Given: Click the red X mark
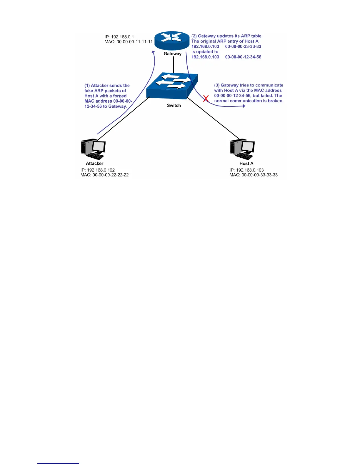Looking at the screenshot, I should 206,99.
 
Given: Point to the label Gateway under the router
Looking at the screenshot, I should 173,54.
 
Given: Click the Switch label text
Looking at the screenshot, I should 174,106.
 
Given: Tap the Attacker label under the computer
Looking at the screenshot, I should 94,164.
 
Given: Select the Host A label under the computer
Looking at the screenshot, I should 246,164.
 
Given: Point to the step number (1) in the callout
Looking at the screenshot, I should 87,86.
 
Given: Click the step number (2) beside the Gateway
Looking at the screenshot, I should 194,36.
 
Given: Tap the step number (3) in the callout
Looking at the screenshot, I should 217,85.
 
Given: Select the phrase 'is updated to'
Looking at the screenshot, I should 205,52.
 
